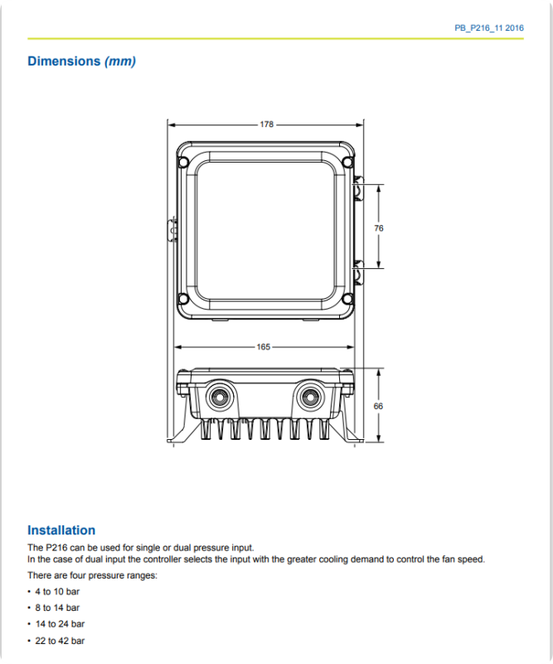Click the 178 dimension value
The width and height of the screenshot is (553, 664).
pos(266,124)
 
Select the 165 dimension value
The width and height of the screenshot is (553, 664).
pos(264,347)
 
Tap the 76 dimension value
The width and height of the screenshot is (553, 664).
pos(379,227)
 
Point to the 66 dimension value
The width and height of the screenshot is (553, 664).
pos(379,406)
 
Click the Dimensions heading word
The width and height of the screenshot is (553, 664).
pos(64,61)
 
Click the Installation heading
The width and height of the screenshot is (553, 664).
pos(61,530)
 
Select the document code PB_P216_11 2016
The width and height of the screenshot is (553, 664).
pos(488,28)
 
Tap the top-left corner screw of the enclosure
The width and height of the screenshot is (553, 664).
pos(184,154)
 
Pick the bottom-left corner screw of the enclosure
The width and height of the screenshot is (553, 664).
pos(184,300)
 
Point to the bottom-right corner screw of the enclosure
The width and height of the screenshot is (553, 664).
pos(347,300)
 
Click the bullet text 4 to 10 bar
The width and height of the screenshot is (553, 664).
pos(57,591)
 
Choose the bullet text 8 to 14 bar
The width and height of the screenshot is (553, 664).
pos(57,608)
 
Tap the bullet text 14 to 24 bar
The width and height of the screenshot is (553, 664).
pos(60,624)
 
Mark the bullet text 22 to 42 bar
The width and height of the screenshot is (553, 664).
pos(60,641)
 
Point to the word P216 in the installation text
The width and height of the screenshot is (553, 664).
pos(56,548)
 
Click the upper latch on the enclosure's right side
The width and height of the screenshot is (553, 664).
pos(358,188)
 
